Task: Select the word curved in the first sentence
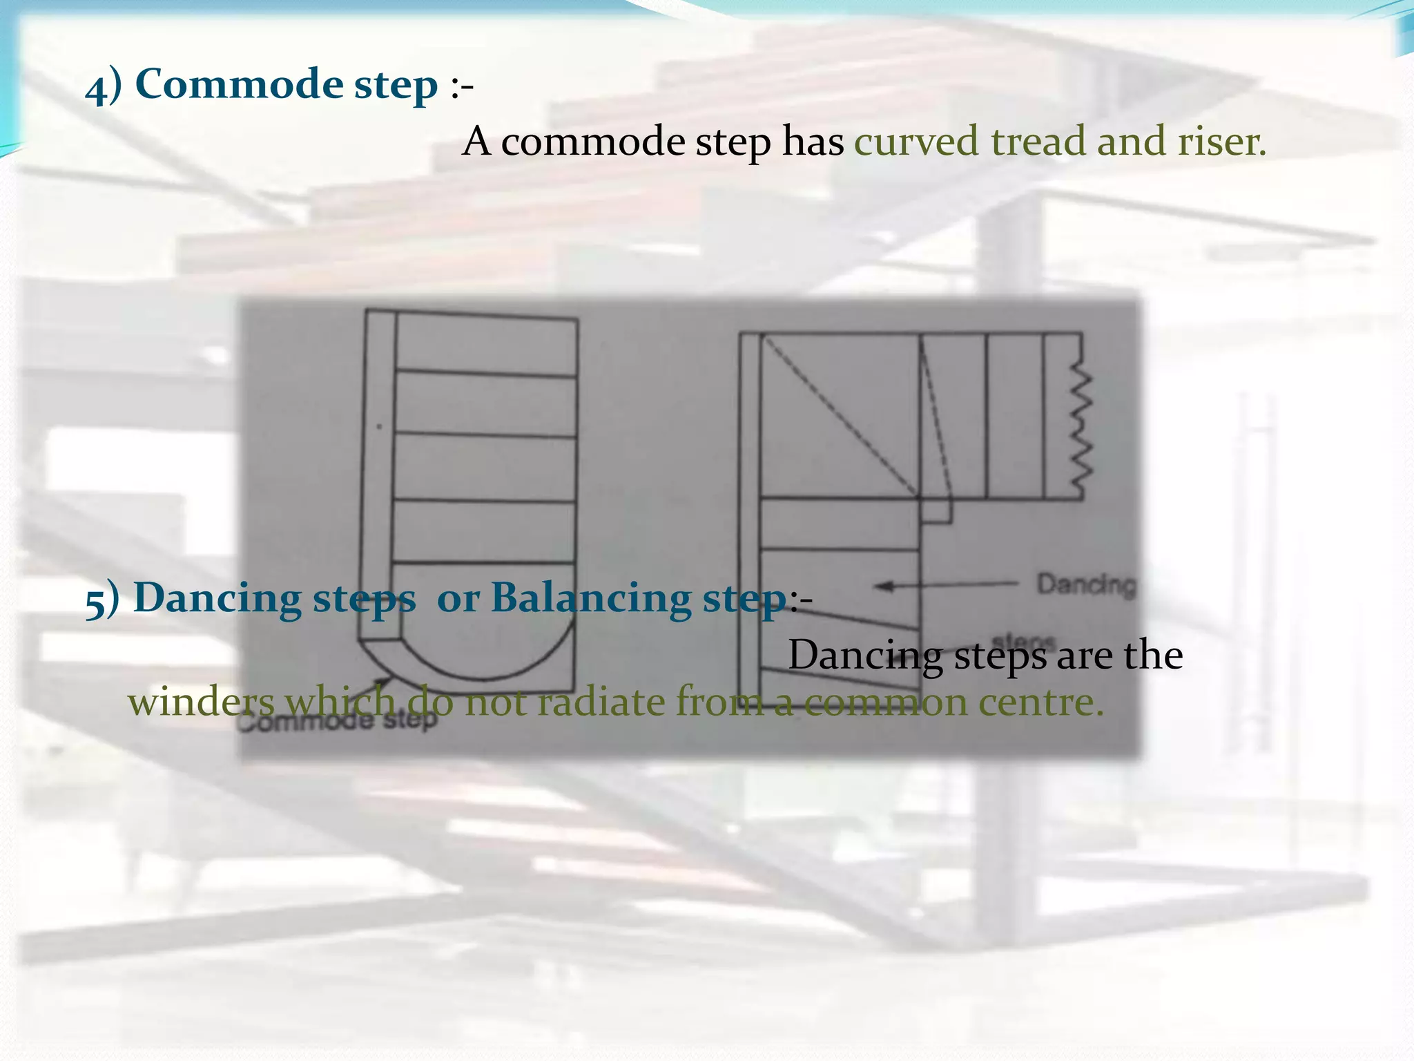916,141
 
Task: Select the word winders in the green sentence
201,702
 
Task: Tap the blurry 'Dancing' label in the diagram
1085,584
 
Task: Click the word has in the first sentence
813,141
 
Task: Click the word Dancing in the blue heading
217,598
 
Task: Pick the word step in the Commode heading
396,86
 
